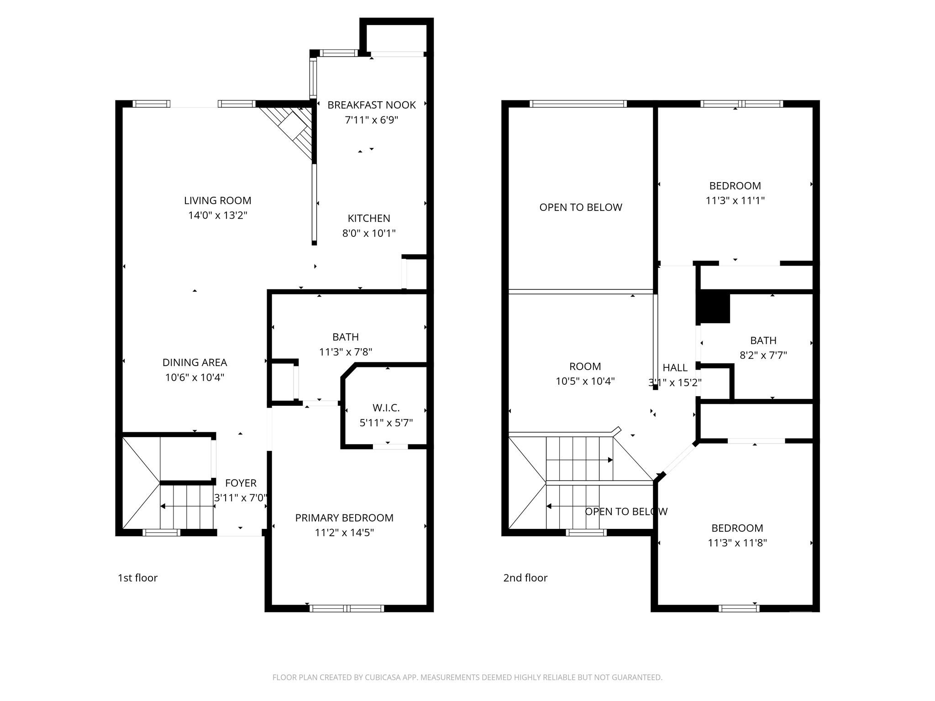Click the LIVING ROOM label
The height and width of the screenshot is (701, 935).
217,200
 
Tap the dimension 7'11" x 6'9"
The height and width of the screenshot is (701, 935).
371,120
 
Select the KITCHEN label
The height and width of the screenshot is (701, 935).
369,218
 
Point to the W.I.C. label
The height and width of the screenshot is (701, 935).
386,408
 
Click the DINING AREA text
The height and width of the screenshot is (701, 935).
194,362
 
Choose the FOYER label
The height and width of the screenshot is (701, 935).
241,483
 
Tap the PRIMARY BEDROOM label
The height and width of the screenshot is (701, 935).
344,518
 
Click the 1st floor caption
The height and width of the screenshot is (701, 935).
137,578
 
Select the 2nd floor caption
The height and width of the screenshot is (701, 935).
525,578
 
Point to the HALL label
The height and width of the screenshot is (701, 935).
675,367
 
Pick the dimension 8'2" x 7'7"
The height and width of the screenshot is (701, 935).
763,355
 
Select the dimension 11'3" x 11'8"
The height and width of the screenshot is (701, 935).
737,543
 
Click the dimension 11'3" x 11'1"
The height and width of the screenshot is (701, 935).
735,200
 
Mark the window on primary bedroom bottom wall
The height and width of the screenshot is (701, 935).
347,608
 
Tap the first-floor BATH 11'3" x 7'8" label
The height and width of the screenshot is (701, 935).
345,344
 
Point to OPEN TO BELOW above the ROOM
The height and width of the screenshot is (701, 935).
580,207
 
